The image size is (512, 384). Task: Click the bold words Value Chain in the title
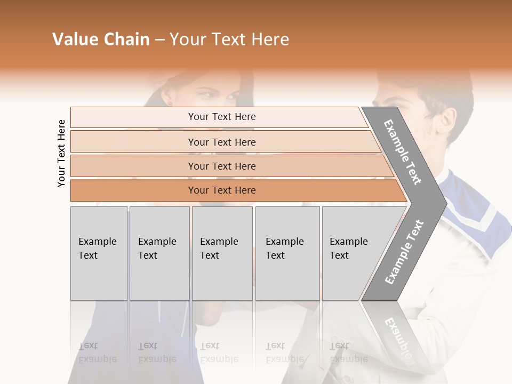coord(101,39)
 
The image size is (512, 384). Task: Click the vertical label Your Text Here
coord(61,153)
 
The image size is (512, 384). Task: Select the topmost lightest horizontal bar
coord(221,117)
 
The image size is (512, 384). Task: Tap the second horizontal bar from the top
coord(221,142)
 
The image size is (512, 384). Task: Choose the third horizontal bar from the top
coord(221,166)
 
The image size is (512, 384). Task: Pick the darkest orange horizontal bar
coord(221,190)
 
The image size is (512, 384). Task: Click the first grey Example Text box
coord(99,253)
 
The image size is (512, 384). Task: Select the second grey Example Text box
coord(159,253)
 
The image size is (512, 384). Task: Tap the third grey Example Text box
coord(222,253)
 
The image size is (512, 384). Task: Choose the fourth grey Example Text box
coord(287,253)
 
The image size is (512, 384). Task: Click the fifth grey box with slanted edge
coord(355,253)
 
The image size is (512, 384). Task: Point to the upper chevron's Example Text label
coord(403,152)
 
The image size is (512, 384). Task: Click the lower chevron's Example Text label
coord(404,252)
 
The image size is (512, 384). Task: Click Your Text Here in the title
coord(229,39)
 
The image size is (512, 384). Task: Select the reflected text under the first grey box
coord(97,353)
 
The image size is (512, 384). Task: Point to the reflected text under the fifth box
coord(348,353)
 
